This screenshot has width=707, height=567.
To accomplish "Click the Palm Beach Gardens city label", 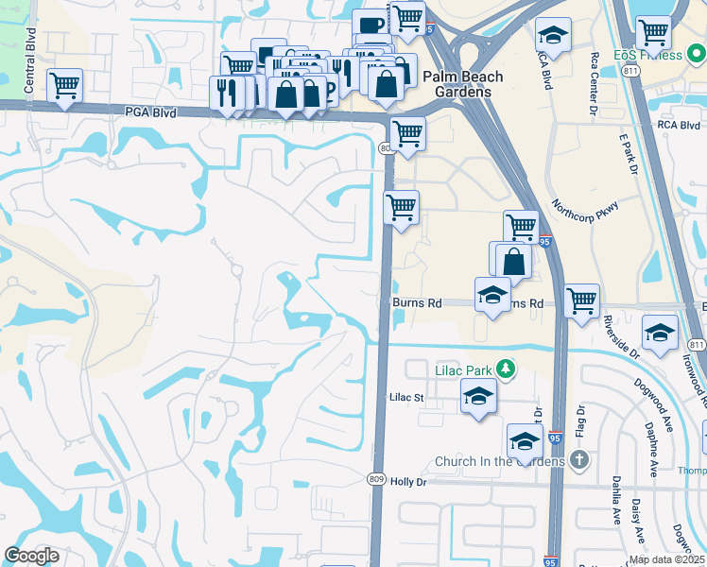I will click(x=462, y=84).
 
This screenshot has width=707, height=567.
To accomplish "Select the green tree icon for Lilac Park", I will click(x=508, y=368).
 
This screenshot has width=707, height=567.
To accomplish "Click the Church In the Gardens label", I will click(x=498, y=462).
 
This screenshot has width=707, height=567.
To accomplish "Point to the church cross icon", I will click(x=578, y=461).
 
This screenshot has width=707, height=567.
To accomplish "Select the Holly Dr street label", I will click(x=408, y=482).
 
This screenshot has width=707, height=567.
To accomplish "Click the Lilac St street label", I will click(x=407, y=398).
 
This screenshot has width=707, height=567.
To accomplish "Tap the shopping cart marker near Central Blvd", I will click(x=64, y=86).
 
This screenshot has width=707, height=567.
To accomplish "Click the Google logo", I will click(x=32, y=556).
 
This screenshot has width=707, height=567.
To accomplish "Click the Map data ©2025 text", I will click(x=666, y=559).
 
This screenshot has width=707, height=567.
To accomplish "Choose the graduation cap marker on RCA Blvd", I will click(x=552, y=37).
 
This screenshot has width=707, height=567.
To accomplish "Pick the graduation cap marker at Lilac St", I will click(x=479, y=396).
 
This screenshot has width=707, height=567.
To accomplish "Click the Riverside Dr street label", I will click(x=622, y=338).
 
